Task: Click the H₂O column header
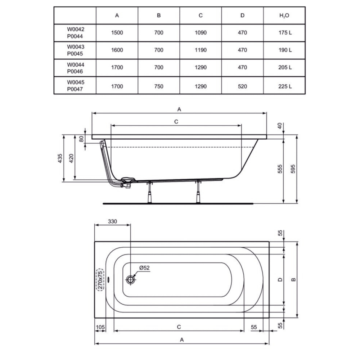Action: pos(284,15)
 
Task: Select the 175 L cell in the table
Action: pos(285,33)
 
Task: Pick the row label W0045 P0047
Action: pos(76,85)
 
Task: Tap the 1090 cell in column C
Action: pos(201,33)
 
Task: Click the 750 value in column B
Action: pos(159,86)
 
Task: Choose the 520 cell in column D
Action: pos(242,86)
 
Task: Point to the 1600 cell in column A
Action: pos(117,50)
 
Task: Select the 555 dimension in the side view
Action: pos(280,169)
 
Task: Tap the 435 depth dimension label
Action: pos(60,158)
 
